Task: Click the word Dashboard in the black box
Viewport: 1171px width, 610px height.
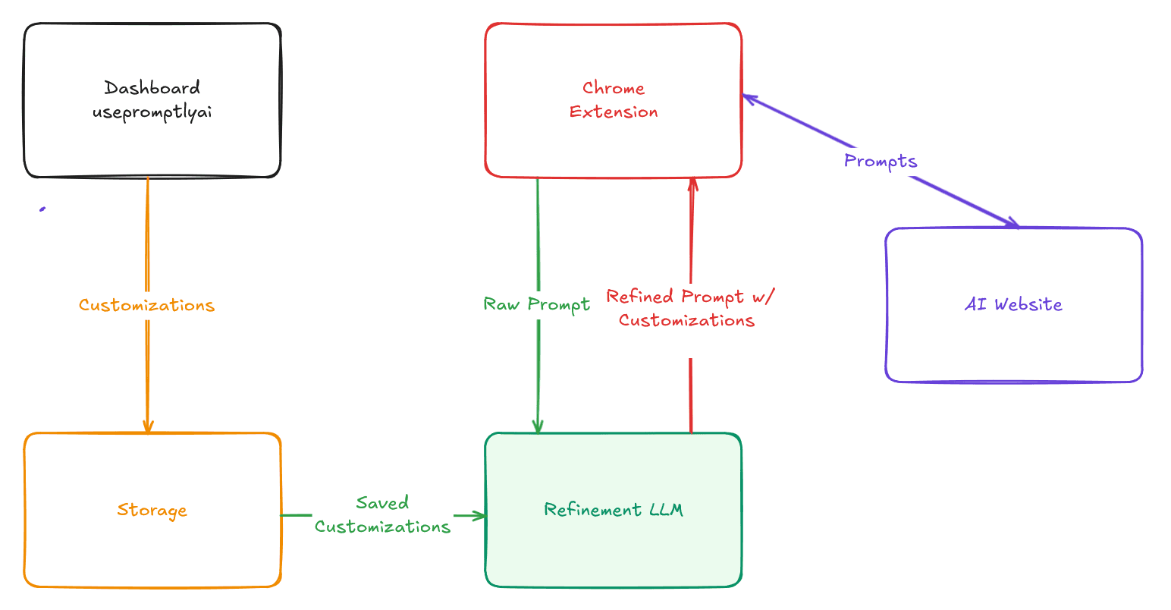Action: (152, 88)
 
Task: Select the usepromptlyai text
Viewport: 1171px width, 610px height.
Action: (152, 112)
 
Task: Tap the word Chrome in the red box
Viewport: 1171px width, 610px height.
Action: (614, 88)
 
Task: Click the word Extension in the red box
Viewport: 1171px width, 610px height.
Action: (614, 112)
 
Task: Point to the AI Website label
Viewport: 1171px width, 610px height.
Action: (1013, 304)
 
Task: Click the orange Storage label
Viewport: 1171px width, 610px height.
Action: (152, 510)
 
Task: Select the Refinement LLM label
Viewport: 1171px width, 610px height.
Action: (614, 510)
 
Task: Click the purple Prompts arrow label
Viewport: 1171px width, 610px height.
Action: (881, 161)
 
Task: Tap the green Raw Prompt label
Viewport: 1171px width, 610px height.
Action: (537, 304)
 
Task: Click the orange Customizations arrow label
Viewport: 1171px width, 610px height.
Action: (147, 305)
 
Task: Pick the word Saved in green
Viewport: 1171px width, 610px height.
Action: (382, 502)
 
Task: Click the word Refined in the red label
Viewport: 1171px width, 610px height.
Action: (640, 296)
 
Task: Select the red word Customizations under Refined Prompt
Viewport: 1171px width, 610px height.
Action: (686, 320)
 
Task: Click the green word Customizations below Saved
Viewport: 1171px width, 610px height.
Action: (382, 527)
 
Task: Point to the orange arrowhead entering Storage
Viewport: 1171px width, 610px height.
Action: (148, 427)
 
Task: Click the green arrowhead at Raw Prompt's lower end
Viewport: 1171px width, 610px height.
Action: (538, 427)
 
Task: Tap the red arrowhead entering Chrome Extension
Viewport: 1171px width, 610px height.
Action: (692, 184)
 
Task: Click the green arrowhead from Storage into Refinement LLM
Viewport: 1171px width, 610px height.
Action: (479, 516)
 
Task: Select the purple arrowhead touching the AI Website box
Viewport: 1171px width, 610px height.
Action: (1012, 223)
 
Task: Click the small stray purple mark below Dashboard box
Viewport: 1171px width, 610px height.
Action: (42, 209)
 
